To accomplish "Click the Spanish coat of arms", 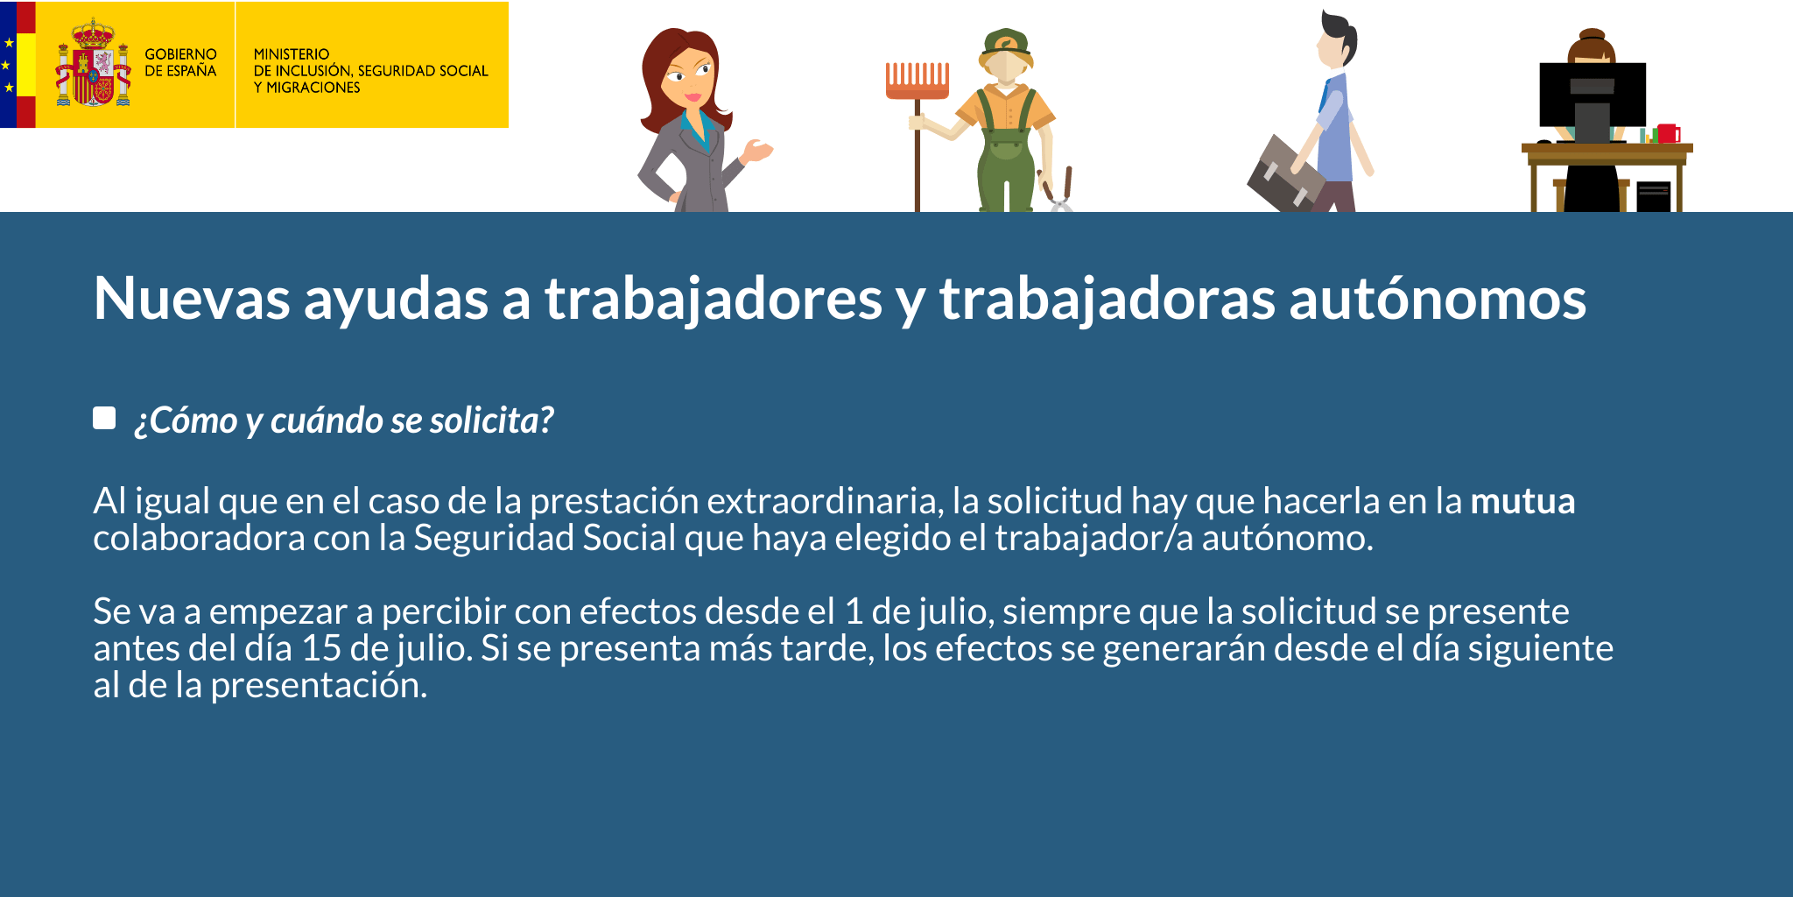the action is click(93, 62).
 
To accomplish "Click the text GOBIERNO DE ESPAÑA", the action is click(180, 62).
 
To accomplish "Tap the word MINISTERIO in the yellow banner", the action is click(292, 54).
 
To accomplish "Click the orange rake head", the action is click(917, 80).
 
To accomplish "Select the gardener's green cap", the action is click(1006, 41).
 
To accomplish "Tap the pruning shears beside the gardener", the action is click(1057, 189).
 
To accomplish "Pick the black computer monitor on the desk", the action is click(1593, 95).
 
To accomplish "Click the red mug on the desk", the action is click(1668, 133).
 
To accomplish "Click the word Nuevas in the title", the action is click(192, 299).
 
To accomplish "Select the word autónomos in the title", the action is click(1438, 299).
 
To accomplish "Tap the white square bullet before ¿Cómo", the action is click(104, 418).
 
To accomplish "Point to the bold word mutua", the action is click(1522, 501).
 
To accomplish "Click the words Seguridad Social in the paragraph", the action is click(545, 538).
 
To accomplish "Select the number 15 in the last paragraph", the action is click(320, 648).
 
